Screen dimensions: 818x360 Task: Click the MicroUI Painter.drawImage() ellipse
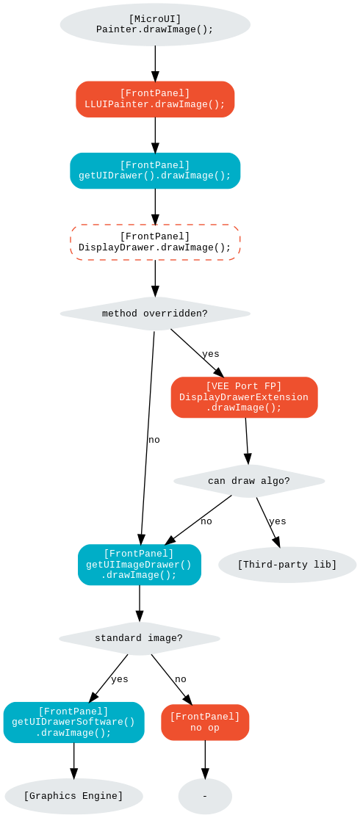click(155, 25)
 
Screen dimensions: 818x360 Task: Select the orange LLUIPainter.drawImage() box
click(155, 99)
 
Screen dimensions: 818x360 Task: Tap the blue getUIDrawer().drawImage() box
click(155, 170)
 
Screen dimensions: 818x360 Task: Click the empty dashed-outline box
click(155, 242)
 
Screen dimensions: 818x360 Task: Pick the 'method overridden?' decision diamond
click(155, 314)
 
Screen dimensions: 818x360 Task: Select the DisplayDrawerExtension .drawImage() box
click(244, 397)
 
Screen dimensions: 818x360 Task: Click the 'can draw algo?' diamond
click(249, 481)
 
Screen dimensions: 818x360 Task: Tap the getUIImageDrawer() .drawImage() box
click(139, 565)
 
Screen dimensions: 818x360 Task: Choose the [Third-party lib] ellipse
click(287, 565)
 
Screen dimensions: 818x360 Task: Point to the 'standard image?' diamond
click(139, 638)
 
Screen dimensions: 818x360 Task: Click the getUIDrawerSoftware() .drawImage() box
click(73, 722)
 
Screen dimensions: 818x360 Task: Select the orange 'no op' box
click(205, 723)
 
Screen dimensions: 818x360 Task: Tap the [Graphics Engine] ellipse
click(73, 796)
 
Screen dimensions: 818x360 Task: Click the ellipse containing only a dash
click(205, 796)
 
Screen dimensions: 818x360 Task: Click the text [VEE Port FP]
click(244, 386)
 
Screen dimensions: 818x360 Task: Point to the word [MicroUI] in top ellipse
click(155, 19)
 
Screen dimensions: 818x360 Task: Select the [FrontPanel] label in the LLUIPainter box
click(155, 93)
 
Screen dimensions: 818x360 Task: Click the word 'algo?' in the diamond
click(276, 481)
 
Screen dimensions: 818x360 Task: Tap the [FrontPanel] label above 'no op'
click(205, 717)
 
